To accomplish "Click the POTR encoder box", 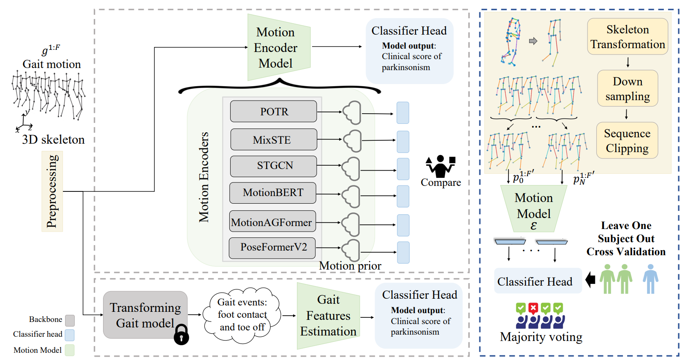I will click(273, 112).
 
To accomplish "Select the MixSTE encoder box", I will click(273, 139).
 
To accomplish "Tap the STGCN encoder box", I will click(273, 166).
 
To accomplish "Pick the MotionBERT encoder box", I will click(273, 193).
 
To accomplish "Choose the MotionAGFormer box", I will click(272, 221).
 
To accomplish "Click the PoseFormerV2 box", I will click(272, 248).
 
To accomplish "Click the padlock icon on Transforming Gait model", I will click(181, 335).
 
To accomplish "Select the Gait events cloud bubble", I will click(242, 315).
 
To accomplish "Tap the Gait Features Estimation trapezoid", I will click(328, 316).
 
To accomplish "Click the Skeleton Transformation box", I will click(628, 37).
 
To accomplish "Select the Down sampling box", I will click(628, 88).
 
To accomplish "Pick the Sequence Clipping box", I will click(627, 141).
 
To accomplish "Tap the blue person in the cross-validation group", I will click(650, 279).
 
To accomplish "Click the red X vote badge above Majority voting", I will click(533, 308).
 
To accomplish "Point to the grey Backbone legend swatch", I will click(70, 320).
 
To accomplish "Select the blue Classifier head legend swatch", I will click(70, 335).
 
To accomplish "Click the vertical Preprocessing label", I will click(52, 191).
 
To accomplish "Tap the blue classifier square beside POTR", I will click(403, 113).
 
